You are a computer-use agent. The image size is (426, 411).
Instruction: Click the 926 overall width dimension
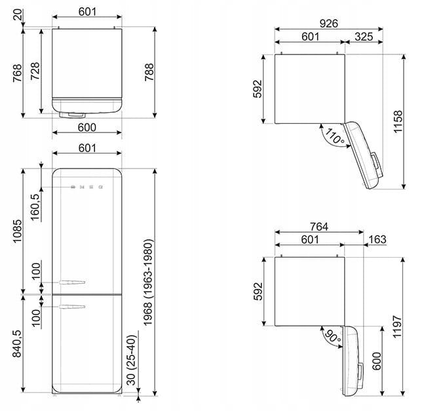point(329,24)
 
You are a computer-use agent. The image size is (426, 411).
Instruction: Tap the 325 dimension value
point(364,37)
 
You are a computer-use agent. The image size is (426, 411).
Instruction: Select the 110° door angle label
point(335,136)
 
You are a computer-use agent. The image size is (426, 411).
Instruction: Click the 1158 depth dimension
point(398,121)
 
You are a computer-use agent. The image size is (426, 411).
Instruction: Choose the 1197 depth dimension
point(397,326)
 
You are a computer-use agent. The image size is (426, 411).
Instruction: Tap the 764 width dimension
point(319,227)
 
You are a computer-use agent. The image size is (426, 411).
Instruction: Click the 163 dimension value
point(378,239)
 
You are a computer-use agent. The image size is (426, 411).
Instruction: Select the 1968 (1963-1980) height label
point(148,283)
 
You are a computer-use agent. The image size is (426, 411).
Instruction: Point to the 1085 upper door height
point(17,231)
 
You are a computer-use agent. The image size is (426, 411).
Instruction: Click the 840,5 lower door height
point(17,343)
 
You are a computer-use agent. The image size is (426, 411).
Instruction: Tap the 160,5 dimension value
point(35,207)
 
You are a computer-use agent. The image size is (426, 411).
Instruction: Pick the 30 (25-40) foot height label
point(131,361)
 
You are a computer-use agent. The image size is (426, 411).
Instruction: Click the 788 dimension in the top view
point(149,72)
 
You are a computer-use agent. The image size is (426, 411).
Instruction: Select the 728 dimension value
point(35,71)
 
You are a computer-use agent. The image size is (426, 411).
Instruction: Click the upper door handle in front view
point(72,283)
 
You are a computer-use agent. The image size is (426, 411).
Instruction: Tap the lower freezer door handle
point(72,307)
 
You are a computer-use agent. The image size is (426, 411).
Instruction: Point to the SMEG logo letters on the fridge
point(87,187)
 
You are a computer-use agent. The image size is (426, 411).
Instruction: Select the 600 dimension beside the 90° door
point(377,361)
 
